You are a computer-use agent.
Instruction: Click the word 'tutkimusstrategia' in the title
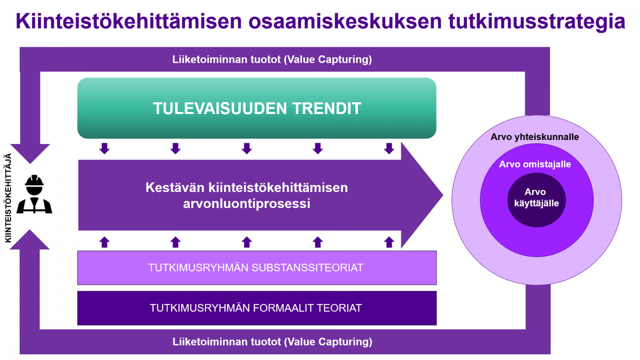point(537,22)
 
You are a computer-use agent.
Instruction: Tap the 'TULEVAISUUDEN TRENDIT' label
point(257,108)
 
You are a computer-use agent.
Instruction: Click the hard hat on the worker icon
point(34,180)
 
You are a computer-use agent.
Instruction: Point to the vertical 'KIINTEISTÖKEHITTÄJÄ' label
point(8,198)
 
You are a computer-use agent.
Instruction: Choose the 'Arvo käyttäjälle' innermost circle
point(536,200)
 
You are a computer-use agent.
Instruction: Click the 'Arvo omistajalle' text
point(535,164)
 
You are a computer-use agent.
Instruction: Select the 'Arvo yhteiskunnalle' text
point(535,137)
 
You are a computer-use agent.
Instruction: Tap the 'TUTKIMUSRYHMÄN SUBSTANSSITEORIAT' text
point(256,268)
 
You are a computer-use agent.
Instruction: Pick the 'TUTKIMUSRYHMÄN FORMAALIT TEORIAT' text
point(256,308)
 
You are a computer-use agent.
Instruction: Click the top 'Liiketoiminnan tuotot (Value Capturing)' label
point(272,60)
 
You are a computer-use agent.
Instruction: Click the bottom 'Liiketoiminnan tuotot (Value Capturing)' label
point(272,342)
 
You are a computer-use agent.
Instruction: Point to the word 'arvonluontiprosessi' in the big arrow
point(246,204)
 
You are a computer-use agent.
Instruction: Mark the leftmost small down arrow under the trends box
point(104,148)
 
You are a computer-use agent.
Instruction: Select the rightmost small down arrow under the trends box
point(389,148)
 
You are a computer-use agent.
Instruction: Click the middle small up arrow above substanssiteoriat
point(247,242)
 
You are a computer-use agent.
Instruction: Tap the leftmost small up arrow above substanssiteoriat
point(104,242)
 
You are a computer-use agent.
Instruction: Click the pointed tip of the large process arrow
point(443,195)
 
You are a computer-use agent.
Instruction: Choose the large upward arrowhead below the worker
point(30,240)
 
